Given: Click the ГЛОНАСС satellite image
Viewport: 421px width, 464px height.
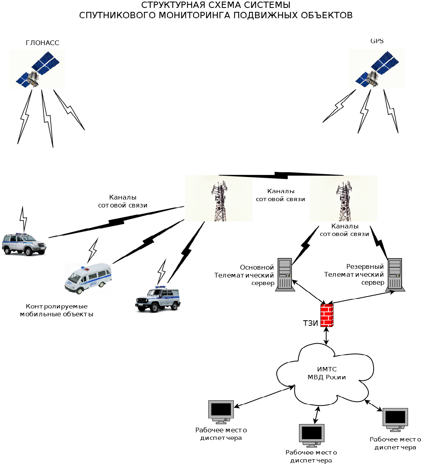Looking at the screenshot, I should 38,69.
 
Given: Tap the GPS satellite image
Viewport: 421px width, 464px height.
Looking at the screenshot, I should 377,69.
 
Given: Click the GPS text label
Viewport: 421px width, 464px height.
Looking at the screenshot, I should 377,41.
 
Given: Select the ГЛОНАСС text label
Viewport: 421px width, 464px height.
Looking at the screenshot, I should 42,43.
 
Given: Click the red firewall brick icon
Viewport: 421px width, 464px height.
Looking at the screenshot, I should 327,315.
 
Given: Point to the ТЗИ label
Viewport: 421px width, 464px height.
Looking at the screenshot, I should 310,323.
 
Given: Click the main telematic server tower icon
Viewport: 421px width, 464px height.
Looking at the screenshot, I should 285,274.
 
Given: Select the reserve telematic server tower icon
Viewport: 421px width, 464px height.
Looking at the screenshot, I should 395,274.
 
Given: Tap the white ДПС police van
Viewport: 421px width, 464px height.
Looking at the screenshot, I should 88,278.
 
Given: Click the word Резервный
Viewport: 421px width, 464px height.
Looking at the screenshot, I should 365,266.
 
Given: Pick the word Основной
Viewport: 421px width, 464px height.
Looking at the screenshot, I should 257,268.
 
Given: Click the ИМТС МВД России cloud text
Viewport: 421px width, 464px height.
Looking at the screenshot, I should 327,373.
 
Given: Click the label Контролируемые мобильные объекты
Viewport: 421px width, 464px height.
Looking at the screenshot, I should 57,310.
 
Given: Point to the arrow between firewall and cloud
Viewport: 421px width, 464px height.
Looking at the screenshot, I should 326,336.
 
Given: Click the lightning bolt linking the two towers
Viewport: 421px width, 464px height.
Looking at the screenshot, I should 281,175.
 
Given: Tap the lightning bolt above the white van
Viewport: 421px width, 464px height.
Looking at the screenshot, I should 93,249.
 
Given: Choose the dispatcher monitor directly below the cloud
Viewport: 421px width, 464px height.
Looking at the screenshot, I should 312,434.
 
